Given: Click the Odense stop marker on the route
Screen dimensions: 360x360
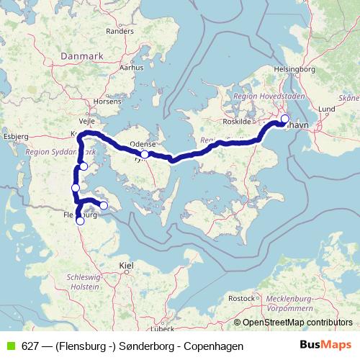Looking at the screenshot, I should coord(145,154).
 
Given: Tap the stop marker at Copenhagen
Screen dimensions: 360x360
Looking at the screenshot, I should coord(284,119).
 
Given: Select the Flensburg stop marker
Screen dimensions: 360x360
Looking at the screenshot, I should coord(80,221).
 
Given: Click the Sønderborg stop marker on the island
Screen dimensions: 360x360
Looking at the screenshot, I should coord(103,206).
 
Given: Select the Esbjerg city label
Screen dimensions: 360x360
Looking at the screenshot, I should coord(15,135).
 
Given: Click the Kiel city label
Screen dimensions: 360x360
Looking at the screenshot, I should coord(126,266).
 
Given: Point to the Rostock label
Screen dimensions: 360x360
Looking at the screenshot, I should coord(241,297).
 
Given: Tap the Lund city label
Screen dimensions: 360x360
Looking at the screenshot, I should coord(327,109).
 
